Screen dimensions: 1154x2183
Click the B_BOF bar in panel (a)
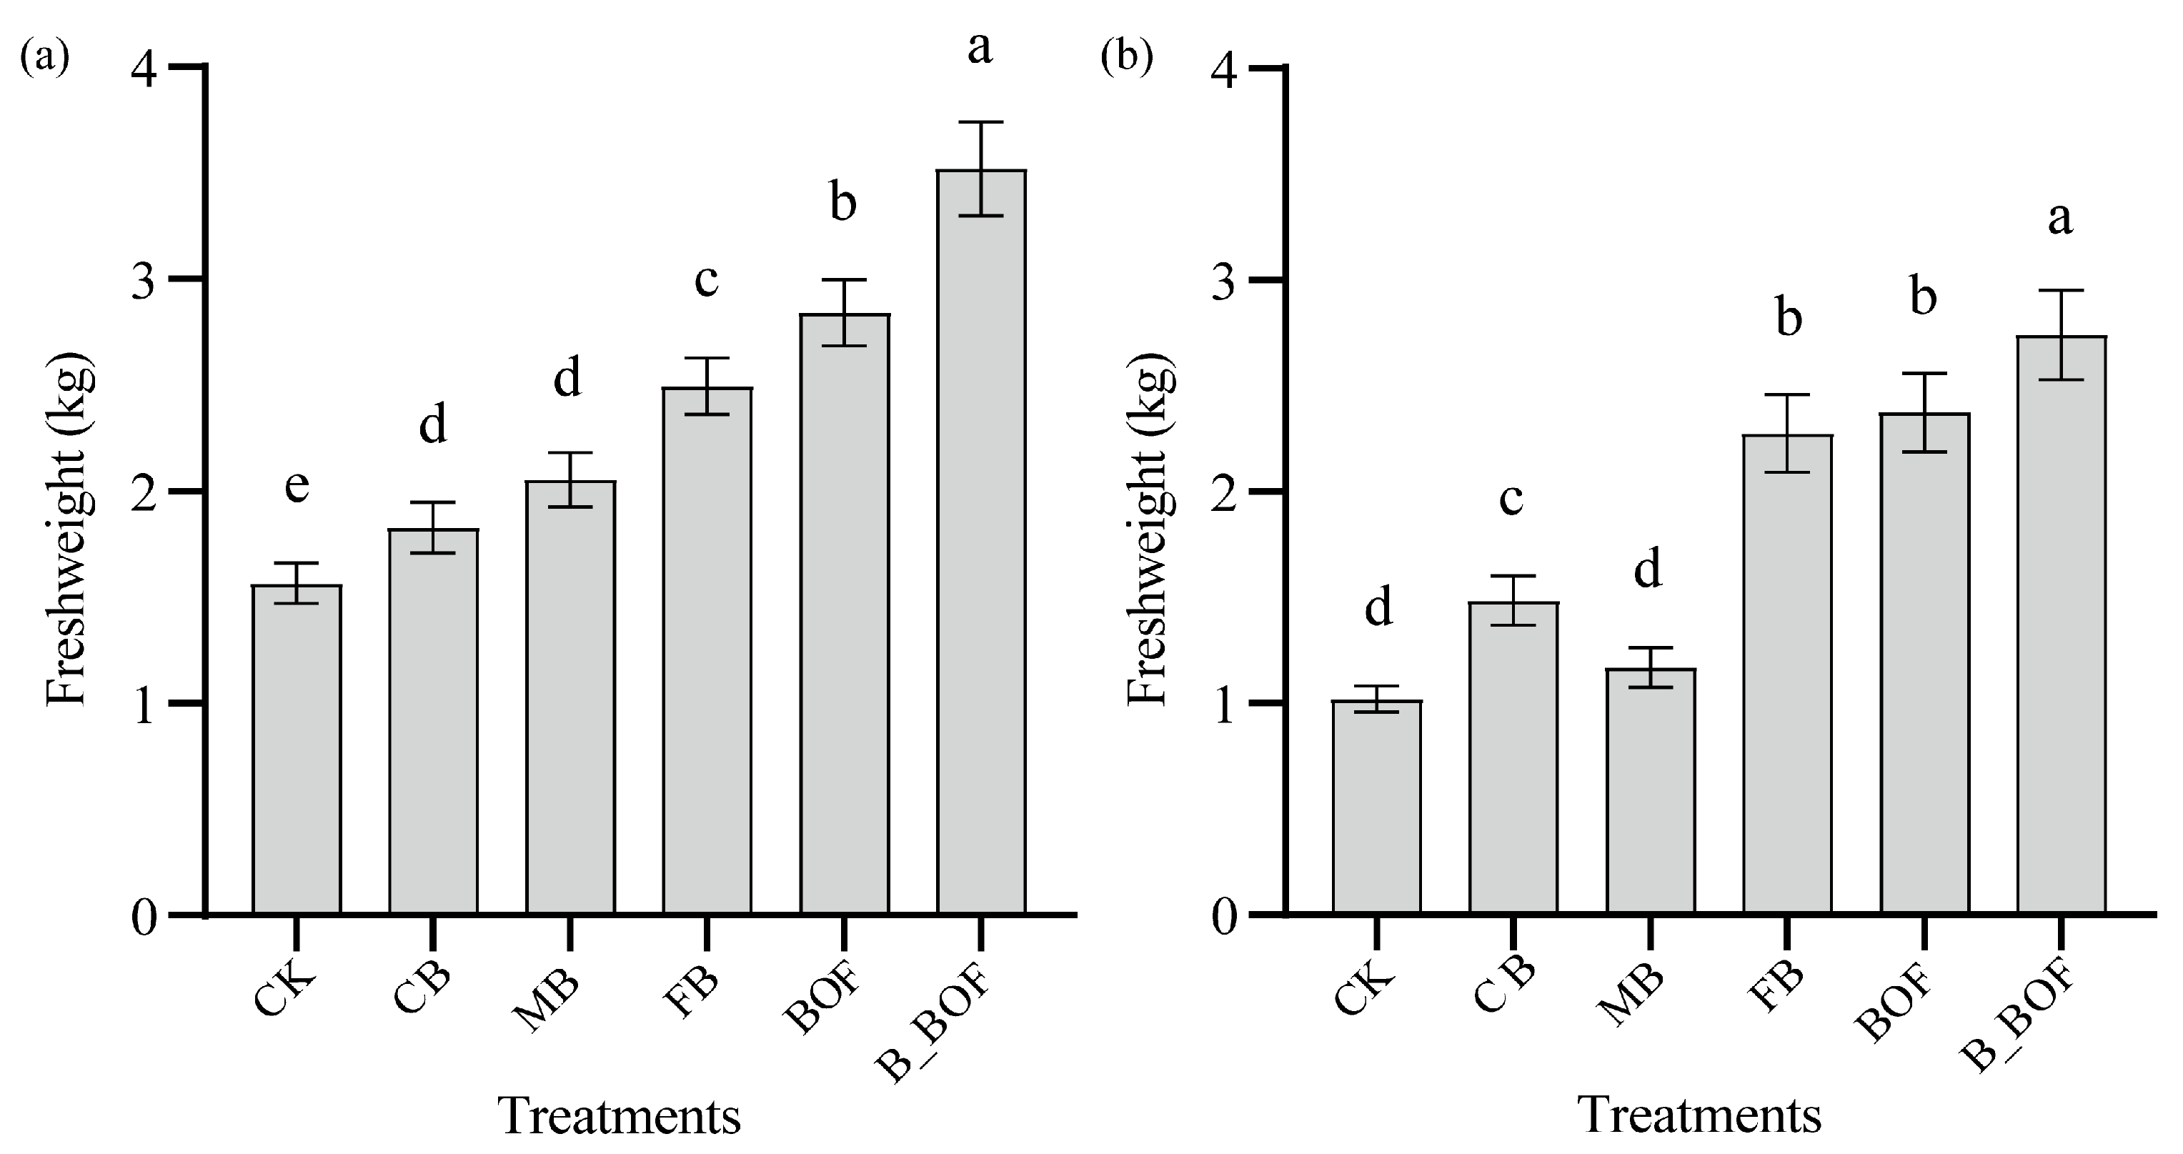click(980, 542)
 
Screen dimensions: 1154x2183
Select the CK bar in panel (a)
click(297, 750)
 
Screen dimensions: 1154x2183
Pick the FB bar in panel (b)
click(1787, 674)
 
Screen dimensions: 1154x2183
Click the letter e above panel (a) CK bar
click(297, 487)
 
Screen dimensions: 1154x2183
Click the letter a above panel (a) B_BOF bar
click(980, 49)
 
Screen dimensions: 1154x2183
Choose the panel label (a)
click(44, 58)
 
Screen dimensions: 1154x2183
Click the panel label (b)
click(1125, 58)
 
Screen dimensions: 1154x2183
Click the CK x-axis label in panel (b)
click(1363, 987)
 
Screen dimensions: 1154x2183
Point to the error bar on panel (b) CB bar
click(1513, 601)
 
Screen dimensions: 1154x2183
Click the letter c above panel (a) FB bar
click(706, 280)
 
